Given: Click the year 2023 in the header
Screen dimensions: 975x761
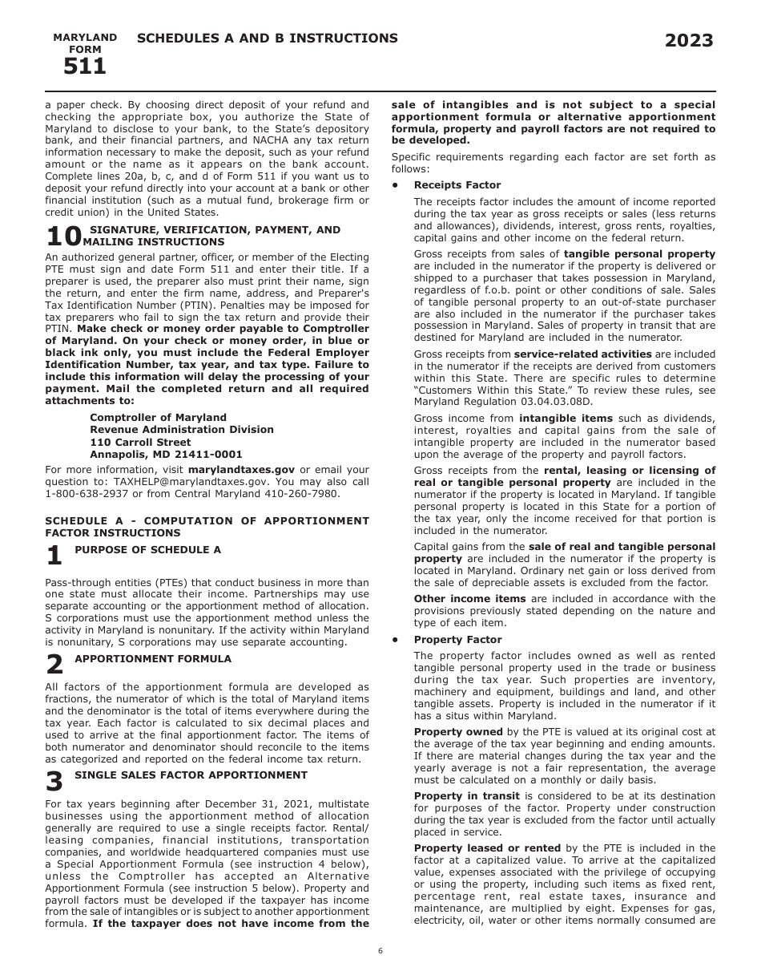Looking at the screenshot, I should coord(689,41).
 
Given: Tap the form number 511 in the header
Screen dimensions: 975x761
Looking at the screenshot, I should coord(85,67).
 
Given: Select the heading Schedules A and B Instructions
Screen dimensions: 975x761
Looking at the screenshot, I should coord(268,38).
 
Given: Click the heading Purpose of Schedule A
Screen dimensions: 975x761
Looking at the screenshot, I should coord(147,550).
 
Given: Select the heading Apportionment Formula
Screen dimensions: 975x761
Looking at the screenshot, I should coord(152,659).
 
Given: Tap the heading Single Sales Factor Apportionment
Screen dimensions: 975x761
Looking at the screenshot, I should coord(191,775).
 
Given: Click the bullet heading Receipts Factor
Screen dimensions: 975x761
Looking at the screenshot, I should coord(457,185).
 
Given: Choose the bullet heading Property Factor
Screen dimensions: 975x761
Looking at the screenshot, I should coord(457,640).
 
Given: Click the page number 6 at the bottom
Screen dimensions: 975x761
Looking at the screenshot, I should coord(380,951).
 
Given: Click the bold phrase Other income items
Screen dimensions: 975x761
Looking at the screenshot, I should coord(469,599).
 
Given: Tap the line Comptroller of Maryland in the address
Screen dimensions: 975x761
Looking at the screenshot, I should coord(158,418).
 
